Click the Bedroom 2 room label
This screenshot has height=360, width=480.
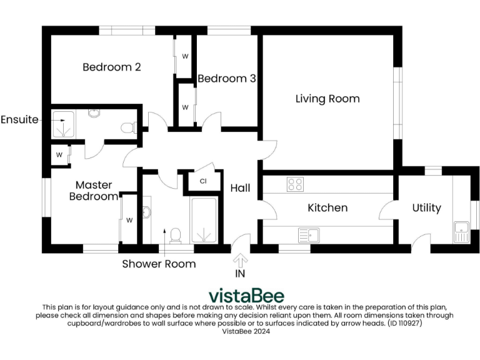tap(111, 67)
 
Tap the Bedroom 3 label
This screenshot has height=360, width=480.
tap(226, 79)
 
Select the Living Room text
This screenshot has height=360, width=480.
tap(327, 99)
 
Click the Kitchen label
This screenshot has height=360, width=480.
tap(327, 207)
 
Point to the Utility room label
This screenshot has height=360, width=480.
tap(427, 207)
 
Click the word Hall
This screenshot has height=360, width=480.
tap(241, 188)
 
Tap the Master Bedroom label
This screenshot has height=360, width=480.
tap(94, 191)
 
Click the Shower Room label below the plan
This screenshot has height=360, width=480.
tap(159, 264)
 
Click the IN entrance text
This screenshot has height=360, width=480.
tap(241, 274)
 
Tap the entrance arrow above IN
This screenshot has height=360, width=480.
tap(241, 260)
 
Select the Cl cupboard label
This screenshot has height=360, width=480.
tap(203, 182)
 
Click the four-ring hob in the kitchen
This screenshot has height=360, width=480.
tap(295, 184)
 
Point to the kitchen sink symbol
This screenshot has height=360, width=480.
tap(309, 235)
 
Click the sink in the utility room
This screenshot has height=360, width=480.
tap(461, 232)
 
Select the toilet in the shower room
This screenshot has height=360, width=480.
tap(176, 235)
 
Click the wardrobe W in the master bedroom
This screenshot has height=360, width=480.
tap(129, 220)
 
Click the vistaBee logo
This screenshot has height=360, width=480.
tap(246, 296)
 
